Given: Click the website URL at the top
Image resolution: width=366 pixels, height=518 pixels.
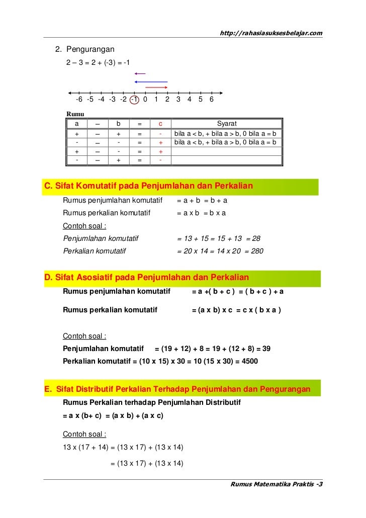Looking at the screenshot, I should click(271, 33).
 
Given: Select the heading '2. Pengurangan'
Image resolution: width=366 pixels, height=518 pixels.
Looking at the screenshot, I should click(85, 49).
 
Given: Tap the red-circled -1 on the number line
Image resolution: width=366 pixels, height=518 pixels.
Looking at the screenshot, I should click(134, 100).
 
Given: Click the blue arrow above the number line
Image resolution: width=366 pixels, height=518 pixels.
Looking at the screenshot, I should click(150, 81).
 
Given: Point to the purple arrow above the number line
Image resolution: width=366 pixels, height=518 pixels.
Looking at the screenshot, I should click(140, 74).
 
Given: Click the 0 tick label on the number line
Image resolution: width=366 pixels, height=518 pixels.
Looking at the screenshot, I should click(145, 100).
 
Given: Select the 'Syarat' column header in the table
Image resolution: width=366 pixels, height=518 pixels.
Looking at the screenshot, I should click(227, 124).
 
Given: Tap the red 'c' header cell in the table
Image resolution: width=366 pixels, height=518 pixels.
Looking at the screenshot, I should click(160, 124).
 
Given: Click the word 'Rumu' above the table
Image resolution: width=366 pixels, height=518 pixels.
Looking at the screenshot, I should click(75, 114).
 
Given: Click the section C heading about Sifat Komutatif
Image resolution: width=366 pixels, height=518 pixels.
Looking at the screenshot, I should click(149, 187).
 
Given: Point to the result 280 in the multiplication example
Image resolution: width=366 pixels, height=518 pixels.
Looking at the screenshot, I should click(257, 251).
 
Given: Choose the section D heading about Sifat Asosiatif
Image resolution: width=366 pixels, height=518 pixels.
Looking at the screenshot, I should click(146, 278).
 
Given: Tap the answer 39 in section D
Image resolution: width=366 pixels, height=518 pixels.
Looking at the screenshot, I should click(266, 348).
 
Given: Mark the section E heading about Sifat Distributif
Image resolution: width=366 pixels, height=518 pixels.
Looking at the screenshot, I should click(177, 389).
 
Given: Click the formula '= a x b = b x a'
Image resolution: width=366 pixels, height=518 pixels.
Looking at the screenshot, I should click(201, 213).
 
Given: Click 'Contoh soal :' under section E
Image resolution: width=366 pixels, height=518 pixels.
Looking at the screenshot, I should click(84, 434).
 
